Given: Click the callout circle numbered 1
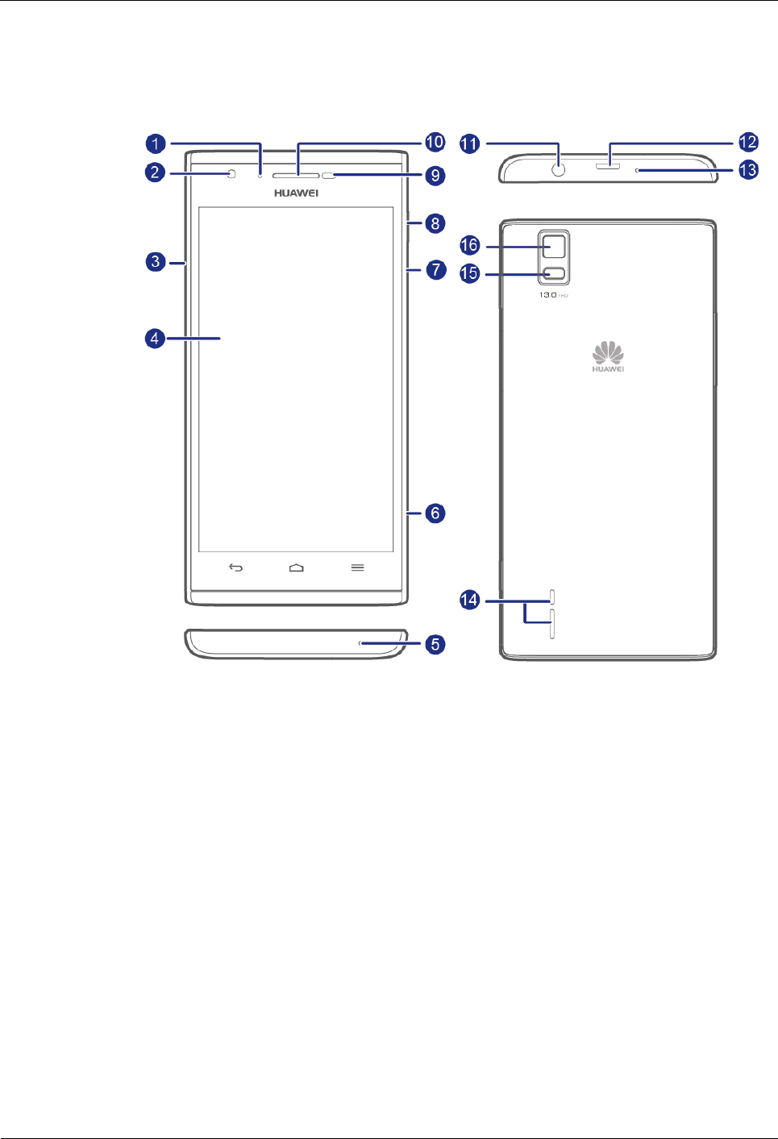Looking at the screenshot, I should (156, 143).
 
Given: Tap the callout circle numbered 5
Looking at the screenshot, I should (435, 644).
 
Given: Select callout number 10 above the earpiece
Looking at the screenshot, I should (435, 142).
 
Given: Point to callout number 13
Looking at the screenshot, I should (748, 170).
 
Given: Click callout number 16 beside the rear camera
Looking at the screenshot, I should (469, 245).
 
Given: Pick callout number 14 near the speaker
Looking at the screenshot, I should (469, 600).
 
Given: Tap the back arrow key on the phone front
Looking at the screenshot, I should (235, 567).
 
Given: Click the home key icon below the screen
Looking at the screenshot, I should (297, 567).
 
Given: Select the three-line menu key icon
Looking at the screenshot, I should (357, 567).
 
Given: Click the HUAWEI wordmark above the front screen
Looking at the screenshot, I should (296, 193).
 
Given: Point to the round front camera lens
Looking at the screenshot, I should (232, 174).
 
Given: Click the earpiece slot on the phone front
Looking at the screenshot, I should (296, 175).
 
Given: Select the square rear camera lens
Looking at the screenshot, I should (554, 245).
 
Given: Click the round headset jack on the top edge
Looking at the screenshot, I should (558, 170).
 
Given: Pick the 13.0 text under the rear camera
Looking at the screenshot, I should (548, 295).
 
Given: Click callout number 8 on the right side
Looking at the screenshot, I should (435, 223).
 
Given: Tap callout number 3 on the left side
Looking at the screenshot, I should (156, 261).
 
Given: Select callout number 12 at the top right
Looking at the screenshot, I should (748, 142).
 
